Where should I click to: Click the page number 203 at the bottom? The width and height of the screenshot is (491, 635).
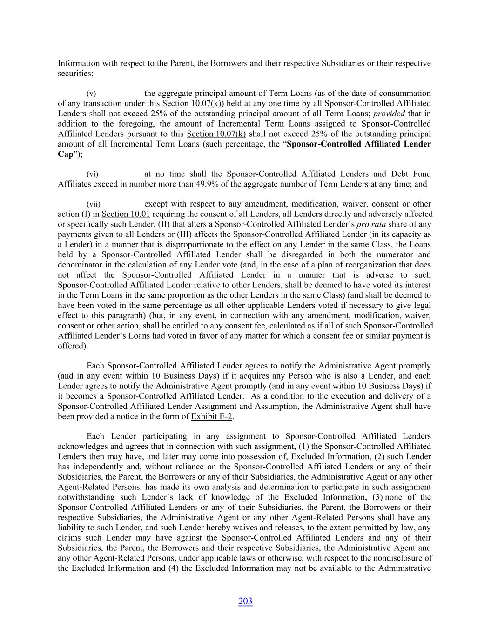(245, 601)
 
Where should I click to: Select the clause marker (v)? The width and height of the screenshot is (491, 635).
(91, 94)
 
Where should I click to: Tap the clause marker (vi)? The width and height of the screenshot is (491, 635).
(92, 174)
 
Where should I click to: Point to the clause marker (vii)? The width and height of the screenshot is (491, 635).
(93, 204)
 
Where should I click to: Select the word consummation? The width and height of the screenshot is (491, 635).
(405, 94)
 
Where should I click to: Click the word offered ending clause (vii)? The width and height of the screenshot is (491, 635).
(72, 346)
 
